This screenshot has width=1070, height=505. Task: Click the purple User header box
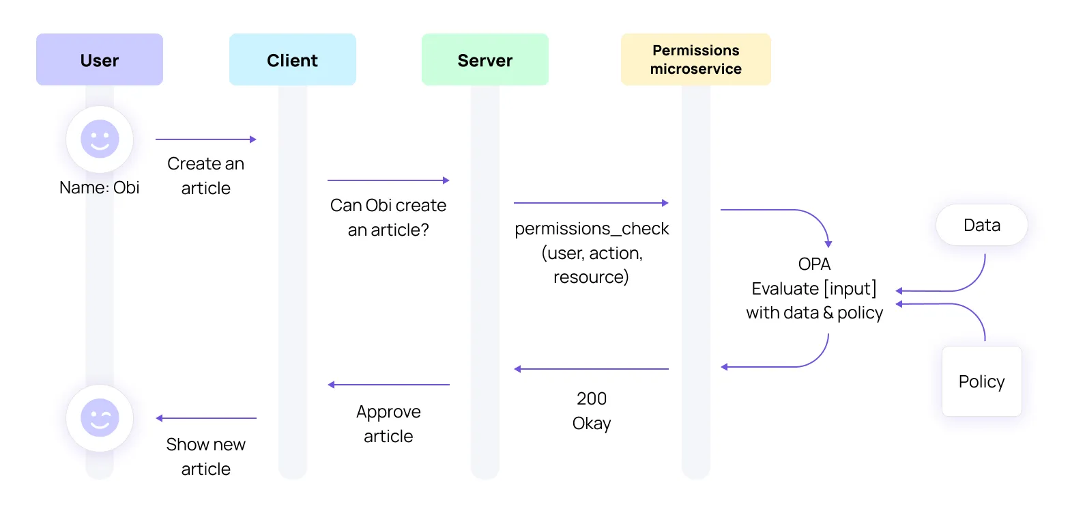(100, 60)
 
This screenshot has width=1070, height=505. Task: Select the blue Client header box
(292, 60)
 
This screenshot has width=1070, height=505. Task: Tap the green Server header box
(485, 60)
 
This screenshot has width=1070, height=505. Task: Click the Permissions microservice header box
(695, 59)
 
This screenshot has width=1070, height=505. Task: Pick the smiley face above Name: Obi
(100, 139)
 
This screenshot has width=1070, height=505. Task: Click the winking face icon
(100, 418)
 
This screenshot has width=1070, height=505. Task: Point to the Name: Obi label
(100, 187)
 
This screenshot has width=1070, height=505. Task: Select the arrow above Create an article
(205, 139)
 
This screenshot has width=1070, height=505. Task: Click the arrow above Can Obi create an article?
(388, 180)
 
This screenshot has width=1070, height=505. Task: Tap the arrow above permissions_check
(591, 203)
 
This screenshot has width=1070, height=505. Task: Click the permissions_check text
(592, 228)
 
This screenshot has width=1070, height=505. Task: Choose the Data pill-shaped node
(981, 225)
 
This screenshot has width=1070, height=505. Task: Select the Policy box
(981, 381)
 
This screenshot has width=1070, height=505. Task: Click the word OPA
(814, 264)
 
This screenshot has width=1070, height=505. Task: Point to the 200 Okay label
(592, 411)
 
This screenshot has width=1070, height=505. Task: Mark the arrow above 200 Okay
(591, 369)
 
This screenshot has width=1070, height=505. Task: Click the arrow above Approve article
(388, 385)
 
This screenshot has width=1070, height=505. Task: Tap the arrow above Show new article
(205, 418)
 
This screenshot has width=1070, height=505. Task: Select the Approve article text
(388, 424)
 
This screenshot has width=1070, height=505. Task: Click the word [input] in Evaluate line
(850, 288)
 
